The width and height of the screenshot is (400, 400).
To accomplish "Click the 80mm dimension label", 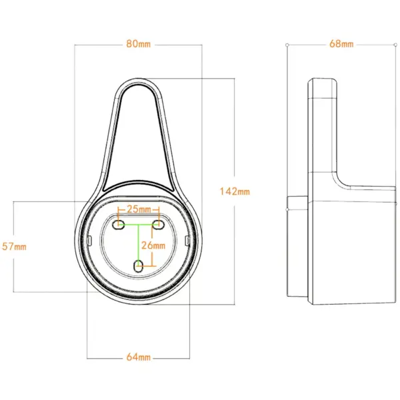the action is [138, 44].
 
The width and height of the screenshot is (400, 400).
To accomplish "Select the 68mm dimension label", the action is [341, 44].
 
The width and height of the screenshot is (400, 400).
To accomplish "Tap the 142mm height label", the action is [235, 191].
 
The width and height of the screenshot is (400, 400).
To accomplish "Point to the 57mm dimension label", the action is [14, 247].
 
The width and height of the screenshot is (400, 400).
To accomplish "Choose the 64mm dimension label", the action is [138, 357].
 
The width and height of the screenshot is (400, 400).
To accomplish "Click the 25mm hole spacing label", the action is [139, 209].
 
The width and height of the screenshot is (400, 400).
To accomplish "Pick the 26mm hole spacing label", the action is [153, 245].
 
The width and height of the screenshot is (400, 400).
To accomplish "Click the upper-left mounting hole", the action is [119, 225].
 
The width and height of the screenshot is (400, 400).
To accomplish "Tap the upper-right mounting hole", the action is [158, 225].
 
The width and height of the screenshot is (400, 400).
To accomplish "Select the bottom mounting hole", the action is [139, 266].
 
